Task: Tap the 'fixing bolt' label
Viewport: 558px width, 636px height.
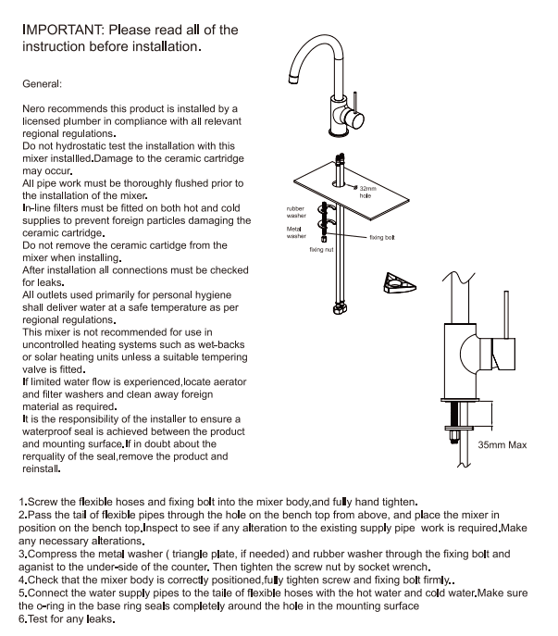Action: tap(382, 238)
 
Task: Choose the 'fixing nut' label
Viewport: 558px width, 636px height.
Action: tap(321, 250)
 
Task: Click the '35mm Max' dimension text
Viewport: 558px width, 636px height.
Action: tap(502, 445)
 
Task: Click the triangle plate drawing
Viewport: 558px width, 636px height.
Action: tap(400, 285)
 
